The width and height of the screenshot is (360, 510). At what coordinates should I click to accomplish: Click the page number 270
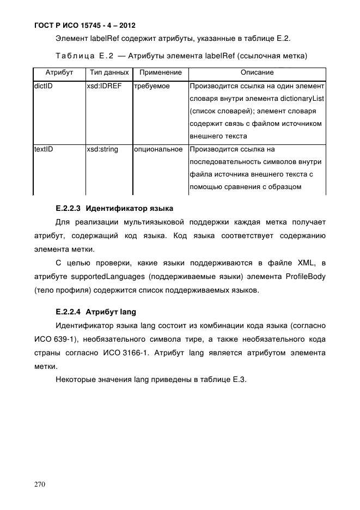[x=41, y=484]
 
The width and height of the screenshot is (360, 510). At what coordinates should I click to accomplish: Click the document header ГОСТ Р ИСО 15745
[x=84, y=26]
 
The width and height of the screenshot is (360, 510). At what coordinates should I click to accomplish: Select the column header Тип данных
[x=109, y=72]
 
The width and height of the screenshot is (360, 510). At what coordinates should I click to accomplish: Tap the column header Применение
[x=160, y=72]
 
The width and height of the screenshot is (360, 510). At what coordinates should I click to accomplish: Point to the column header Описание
[x=257, y=72]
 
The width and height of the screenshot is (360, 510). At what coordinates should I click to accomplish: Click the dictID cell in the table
[x=43, y=86]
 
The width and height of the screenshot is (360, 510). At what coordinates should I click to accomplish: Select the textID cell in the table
[x=44, y=149]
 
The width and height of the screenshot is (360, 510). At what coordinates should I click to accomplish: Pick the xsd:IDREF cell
[x=104, y=86]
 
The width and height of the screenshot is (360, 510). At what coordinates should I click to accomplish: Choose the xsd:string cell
[x=102, y=149]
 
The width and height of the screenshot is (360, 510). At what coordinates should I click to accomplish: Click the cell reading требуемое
[x=152, y=86]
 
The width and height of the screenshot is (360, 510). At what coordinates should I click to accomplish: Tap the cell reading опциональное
[x=158, y=149]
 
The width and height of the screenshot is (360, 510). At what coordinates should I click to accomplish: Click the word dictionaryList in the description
[x=302, y=99]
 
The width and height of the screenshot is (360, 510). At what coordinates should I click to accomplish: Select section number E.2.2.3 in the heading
[x=69, y=208]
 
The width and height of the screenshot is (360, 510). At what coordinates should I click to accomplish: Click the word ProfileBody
[x=306, y=276]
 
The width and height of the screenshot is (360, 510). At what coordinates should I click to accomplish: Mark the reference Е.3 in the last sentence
[x=240, y=380]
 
